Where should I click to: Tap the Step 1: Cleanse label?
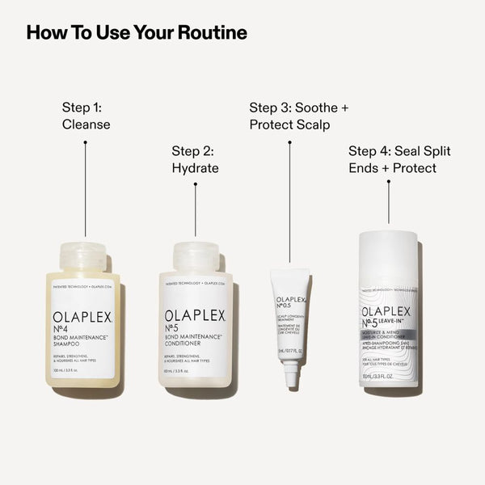pos(86,116)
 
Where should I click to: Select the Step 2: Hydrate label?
pos(196,160)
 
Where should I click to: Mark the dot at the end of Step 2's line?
pos(196,184)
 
